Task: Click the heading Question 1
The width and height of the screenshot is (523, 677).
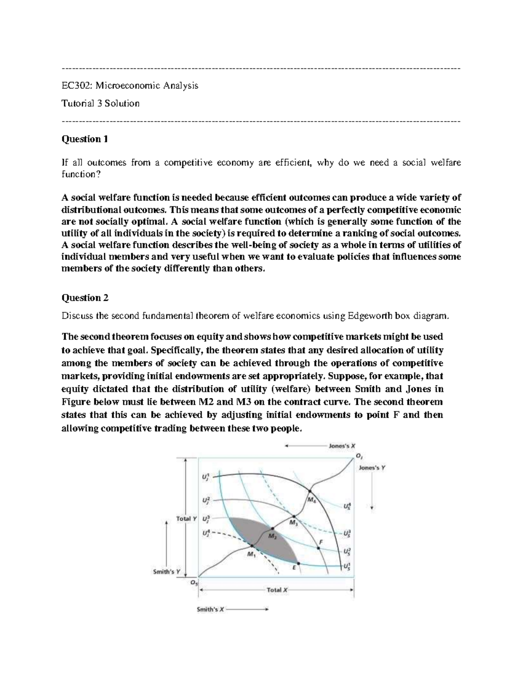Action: coord(85,139)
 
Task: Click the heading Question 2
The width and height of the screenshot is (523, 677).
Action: coord(85,298)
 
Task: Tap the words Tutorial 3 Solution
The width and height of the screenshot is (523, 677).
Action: coord(100,104)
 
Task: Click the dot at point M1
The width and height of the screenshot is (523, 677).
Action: coord(251,545)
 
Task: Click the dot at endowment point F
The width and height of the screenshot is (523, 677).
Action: coord(319,548)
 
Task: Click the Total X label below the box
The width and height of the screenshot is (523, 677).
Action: coord(277,590)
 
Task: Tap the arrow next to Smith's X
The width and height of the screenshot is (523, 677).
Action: coord(248,610)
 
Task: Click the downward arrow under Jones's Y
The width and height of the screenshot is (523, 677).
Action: coord(372,493)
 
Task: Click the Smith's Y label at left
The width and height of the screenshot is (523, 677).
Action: coord(164,572)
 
